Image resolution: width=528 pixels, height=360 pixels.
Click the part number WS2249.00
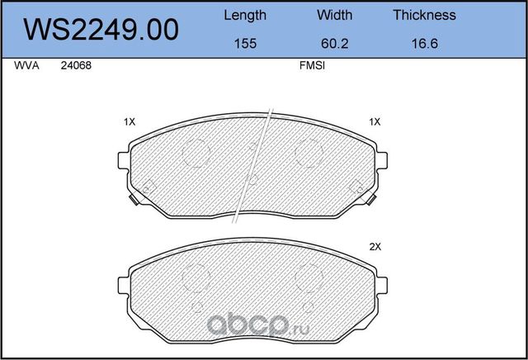pos(101,30)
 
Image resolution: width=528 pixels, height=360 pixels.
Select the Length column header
pos(245,16)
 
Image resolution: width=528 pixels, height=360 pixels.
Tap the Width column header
pos(334,15)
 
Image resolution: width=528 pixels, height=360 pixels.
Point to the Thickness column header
pos(424,15)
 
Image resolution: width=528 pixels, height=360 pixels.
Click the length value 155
pos(245,44)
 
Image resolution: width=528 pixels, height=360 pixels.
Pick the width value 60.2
pos(334,44)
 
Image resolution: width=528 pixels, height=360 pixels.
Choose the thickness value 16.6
pos(425,44)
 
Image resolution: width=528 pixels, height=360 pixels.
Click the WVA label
pos(26,65)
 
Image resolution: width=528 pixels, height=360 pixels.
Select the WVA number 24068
pos(76,65)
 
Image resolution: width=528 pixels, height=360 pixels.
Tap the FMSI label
pos(312,65)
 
